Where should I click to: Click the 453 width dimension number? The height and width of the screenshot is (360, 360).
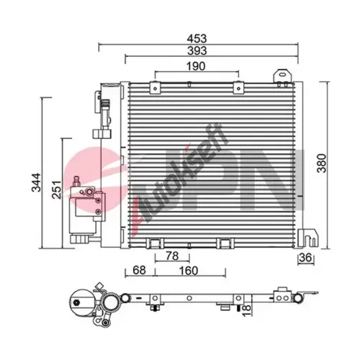[197, 38]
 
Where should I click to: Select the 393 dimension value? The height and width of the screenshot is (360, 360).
[197, 50]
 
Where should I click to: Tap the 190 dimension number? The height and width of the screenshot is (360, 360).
[196, 66]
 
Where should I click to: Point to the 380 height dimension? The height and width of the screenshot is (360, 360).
[322, 163]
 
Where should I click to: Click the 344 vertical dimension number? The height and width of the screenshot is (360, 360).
[37, 182]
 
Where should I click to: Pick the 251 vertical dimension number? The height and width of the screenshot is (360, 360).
[57, 189]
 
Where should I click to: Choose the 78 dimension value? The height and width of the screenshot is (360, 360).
[172, 256]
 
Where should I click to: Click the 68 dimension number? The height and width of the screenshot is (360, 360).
[139, 271]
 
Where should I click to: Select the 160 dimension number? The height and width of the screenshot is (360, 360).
[189, 271]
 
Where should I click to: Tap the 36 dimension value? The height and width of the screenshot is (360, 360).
[306, 258]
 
